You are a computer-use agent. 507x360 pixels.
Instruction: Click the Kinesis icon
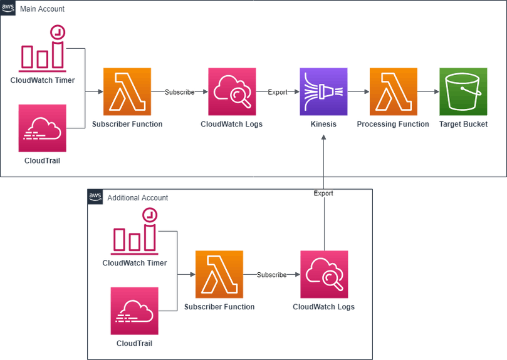coord(324,92)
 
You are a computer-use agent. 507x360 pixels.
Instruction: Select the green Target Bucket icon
coord(463,92)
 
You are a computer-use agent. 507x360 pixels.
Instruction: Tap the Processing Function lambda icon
coord(393,92)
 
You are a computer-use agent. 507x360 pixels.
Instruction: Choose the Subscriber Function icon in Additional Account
coord(219,275)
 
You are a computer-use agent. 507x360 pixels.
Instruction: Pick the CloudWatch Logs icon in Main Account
coord(232,92)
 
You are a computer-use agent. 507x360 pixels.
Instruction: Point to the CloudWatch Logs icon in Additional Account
coord(324,274)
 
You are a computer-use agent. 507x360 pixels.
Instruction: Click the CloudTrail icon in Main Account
coord(43,128)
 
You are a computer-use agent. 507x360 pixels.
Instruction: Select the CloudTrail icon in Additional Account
coord(135,311)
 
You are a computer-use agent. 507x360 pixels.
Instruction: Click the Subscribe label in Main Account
coord(179,92)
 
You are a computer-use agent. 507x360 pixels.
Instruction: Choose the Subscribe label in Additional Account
coord(271,275)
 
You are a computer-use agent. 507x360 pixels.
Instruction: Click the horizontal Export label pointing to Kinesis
coord(277,92)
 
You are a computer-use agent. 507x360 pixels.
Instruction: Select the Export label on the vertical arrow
coord(323,193)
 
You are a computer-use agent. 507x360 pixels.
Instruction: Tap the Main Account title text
coord(42,9)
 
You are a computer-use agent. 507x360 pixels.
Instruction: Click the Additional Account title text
coord(137,197)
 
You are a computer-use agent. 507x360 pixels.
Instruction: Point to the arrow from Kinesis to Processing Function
coord(358,92)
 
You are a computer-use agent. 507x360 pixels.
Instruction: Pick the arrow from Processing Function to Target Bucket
coord(428,92)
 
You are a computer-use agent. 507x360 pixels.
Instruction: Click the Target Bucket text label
coord(463,125)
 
